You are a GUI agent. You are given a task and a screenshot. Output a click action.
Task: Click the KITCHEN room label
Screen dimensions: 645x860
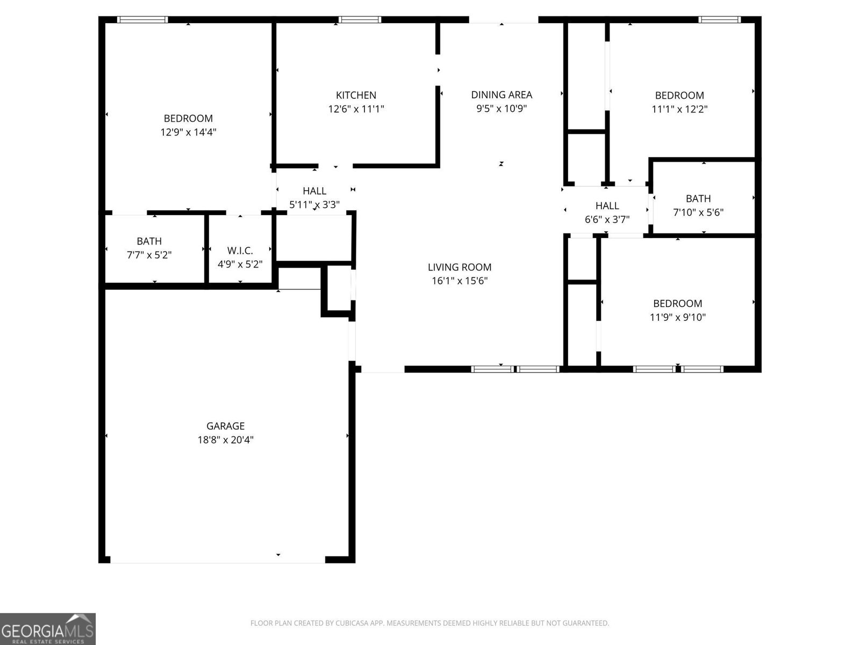356,95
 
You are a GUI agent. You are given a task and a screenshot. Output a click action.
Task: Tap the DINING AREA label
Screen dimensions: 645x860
501,95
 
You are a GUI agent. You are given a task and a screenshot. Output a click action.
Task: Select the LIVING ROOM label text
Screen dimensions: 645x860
460,267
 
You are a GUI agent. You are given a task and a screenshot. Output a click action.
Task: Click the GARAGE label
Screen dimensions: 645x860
225,426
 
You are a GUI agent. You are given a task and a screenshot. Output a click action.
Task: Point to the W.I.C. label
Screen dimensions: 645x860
240,250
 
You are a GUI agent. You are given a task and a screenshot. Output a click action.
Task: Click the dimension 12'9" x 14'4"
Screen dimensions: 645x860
188,132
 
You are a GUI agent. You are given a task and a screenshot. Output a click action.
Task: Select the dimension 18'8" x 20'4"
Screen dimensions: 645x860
225,440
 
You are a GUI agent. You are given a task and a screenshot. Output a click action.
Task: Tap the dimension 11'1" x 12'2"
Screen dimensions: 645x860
679,109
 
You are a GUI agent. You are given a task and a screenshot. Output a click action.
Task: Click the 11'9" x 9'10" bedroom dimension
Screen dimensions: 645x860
677,317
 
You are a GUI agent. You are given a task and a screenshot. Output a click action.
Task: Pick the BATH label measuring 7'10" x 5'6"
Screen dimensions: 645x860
698,198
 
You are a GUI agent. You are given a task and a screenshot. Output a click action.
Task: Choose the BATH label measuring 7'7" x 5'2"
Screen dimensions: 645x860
149,241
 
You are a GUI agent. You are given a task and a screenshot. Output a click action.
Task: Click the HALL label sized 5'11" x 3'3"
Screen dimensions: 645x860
314,191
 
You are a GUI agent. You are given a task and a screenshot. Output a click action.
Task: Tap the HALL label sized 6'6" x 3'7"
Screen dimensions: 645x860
607,205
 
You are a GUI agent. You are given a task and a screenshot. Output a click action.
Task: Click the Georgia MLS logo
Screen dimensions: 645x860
48,628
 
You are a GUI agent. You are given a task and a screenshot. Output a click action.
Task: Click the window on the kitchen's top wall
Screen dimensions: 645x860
360,20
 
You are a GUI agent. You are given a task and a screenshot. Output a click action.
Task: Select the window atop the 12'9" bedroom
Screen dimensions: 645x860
142,20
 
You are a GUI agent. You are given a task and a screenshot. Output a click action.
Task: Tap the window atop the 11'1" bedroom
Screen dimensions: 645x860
719,20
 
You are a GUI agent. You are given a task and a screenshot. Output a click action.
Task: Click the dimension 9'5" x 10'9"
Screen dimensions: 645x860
501,109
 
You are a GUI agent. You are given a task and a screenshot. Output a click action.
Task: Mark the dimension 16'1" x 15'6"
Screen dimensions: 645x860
460,281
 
